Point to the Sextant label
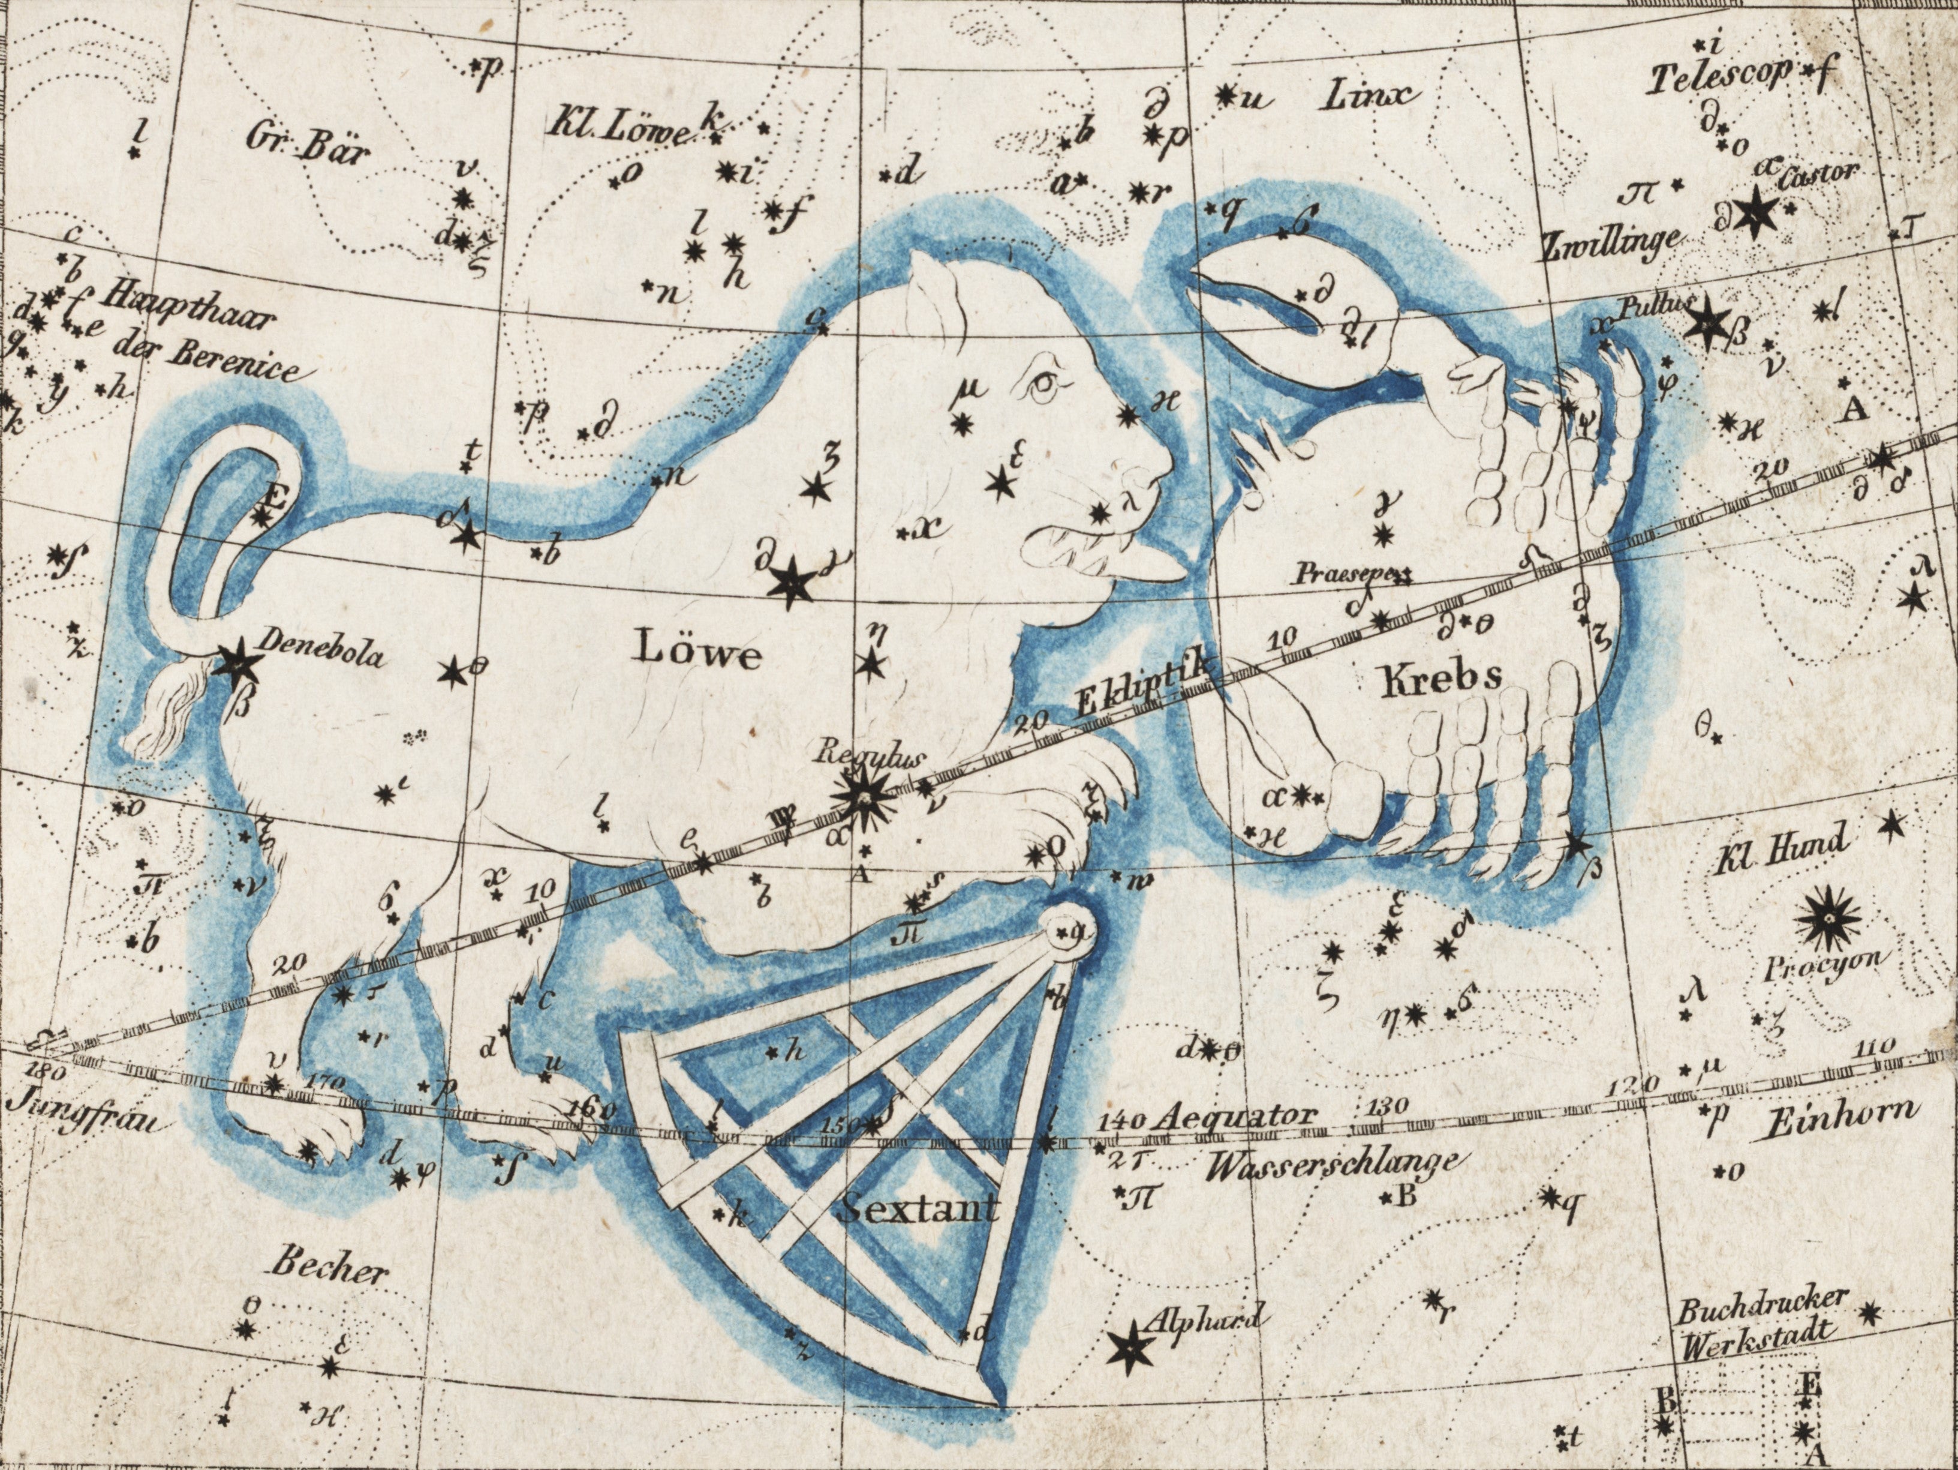pos(918,1208)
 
